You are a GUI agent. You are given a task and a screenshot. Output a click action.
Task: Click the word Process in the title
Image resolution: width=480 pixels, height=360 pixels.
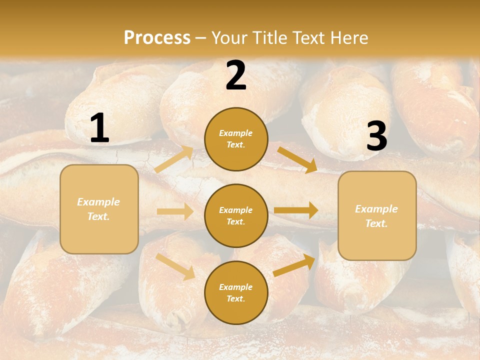click(x=157, y=38)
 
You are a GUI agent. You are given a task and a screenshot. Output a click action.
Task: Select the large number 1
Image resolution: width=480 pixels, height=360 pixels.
click(x=99, y=128)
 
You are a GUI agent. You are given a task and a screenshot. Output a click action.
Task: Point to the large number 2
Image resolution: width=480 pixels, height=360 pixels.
click(x=236, y=75)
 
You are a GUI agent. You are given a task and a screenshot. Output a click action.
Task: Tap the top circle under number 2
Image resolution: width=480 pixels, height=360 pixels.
click(x=236, y=139)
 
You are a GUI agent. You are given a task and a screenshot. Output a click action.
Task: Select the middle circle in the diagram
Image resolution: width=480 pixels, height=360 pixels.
click(x=236, y=215)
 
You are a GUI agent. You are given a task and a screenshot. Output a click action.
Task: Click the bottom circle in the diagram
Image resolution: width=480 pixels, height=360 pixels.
click(x=236, y=292)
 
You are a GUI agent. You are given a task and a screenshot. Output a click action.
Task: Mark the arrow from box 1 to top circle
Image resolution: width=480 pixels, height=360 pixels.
click(x=174, y=159)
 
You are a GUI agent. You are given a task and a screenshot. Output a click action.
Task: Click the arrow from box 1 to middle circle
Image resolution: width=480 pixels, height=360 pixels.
click(x=175, y=211)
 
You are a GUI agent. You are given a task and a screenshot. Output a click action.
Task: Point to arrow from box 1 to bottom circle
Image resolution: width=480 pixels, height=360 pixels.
click(x=175, y=266)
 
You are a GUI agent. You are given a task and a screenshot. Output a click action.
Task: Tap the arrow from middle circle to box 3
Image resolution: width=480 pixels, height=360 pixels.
click(x=296, y=210)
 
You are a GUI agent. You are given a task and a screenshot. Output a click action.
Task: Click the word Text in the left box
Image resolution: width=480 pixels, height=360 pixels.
click(x=98, y=216)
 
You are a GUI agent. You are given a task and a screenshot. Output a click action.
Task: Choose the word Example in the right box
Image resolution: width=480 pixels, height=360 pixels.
click(x=376, y=209)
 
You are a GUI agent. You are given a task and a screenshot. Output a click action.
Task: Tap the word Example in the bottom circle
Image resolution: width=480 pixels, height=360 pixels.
click(x=235, y=287)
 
